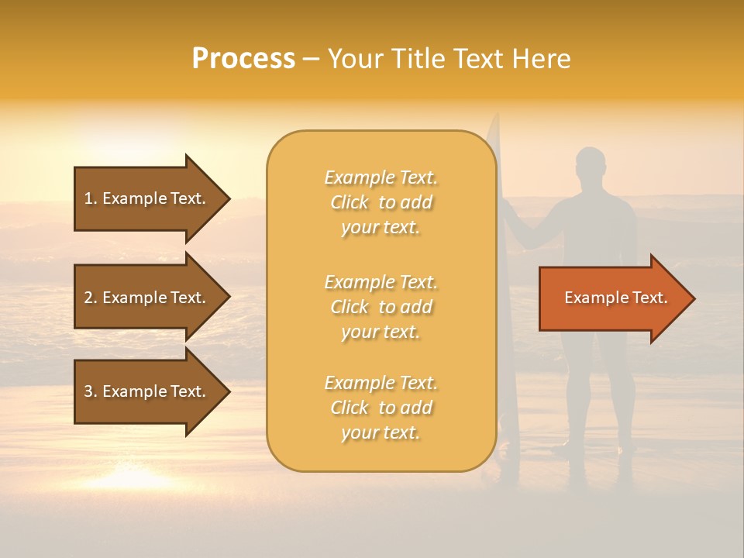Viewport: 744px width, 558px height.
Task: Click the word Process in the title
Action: [x=243, y=59]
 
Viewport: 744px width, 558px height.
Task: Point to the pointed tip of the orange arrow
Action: [x=692, y=298]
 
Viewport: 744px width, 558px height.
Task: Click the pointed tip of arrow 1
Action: [x=228, y=198]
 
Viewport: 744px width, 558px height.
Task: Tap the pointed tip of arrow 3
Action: [x=228, y=391]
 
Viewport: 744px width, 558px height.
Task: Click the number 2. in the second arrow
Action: [x=91, y=298]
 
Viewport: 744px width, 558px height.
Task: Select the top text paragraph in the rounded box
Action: [x=381, y=202]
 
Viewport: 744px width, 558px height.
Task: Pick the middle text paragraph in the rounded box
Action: [x=381, y=307]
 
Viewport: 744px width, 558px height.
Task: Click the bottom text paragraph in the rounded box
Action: [x=381, y=408]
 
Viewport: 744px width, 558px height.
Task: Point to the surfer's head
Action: [x=591, y=164]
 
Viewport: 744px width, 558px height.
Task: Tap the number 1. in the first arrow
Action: [x=91, y=198]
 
